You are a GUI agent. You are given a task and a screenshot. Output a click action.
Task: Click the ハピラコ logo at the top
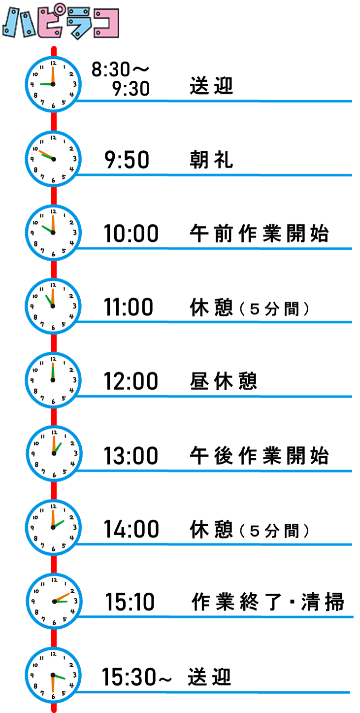tap(61, 22)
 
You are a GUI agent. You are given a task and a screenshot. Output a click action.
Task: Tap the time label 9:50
tap(127, 160)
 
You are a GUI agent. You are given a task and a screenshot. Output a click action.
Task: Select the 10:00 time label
tap(131, 234)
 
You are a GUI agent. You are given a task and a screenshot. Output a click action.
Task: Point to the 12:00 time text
tap(131, 381)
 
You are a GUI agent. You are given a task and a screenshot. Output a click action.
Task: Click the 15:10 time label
tap(130, 602)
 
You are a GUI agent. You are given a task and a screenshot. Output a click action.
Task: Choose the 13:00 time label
tap(131, 455)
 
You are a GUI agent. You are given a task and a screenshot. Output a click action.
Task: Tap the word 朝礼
tap(211, 160)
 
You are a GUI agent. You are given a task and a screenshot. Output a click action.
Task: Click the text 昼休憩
tap(224, 381)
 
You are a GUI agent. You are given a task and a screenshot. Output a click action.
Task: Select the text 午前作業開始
tap(259, 234)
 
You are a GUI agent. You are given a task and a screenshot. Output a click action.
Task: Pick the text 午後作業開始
tap(259, 455)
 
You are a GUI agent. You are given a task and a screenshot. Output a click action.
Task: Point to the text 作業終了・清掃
tap(268, 602)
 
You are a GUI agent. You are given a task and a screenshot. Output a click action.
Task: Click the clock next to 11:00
tap(53, 306)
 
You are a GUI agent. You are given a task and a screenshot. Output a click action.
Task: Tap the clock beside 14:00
tap(53, 527)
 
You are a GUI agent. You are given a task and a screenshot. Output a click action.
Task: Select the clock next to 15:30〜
tap(53, 675)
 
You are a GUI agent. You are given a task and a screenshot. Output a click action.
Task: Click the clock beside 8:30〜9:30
tap(53, 84)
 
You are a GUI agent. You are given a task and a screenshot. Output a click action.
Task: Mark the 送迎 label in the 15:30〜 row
tap(209, 677)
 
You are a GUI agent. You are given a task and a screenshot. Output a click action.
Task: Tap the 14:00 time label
tap(131, 529)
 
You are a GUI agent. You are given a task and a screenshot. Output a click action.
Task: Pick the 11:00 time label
tap(129, 307)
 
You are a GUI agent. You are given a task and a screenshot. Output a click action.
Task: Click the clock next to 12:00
tap(53, 380)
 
